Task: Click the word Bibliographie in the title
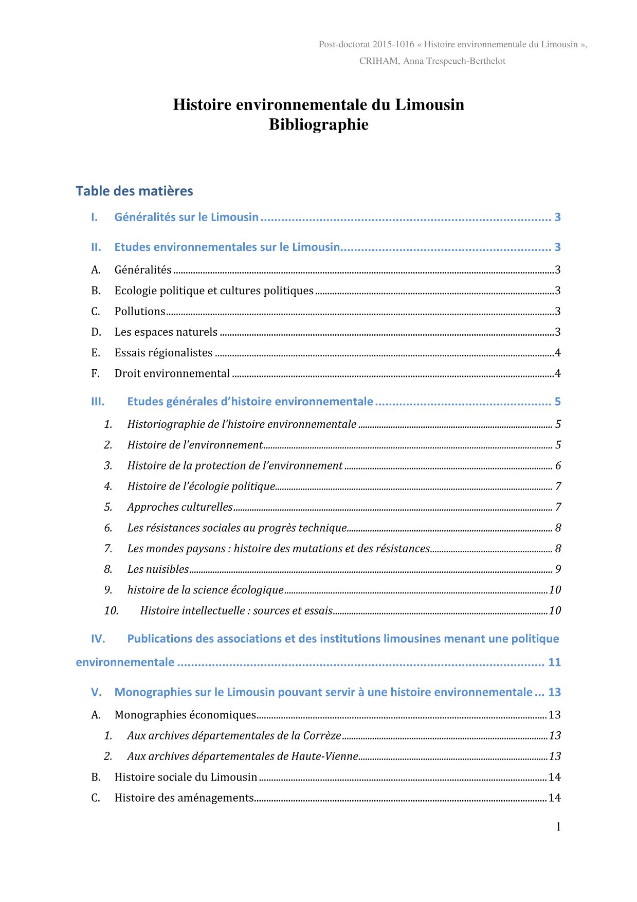[318, 124]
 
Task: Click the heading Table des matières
[134, 191]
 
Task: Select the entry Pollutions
[140, 311]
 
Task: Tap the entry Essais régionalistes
[163, 353]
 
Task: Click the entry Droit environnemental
[172, 373]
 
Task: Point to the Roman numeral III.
[98, 402]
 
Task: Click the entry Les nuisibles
[158, 569]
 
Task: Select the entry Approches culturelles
[180, 507]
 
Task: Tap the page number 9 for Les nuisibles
[558, 569]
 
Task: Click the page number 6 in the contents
[558, 466]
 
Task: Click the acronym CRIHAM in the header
[378, 61]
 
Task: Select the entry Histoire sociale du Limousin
[186, 777]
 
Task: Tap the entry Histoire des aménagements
[184, 798]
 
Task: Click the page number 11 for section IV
[554, 662]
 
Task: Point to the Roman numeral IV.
[98, 639]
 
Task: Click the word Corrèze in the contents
[322, 735]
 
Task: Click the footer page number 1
[558, 827]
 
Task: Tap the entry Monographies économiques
[185, 715]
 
